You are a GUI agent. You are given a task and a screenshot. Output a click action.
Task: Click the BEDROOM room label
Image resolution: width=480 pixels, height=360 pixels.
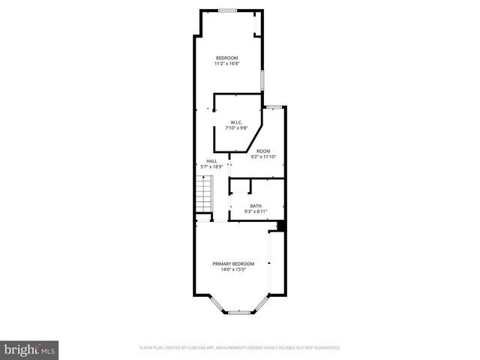(x=226, y=58)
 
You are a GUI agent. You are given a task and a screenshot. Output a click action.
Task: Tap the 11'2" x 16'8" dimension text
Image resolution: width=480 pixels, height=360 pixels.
(x=226, y=64)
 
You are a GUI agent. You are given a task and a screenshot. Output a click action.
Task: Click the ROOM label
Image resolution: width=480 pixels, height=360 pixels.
(x=262, y=151)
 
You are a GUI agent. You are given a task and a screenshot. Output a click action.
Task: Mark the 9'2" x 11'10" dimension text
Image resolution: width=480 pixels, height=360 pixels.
(x=262, y=157)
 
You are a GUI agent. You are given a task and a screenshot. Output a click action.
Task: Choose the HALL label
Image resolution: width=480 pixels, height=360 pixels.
(x=212, y=161)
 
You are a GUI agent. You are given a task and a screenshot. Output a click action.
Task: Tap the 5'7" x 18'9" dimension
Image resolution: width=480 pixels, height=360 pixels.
(x=212, y=166)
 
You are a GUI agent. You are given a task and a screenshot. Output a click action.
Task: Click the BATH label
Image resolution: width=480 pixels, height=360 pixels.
(x=256, y=206)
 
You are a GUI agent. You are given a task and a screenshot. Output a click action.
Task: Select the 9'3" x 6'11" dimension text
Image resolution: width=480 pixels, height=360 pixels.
(x=256, y=211)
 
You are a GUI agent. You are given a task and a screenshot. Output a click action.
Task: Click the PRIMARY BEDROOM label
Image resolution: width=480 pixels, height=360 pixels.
(x=233, y=263)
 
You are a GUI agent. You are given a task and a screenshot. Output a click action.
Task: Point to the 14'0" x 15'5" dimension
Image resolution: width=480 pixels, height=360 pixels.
(x=233, y=269)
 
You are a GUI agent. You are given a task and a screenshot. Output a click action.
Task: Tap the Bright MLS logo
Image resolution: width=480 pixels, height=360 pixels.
(x=29, y=349)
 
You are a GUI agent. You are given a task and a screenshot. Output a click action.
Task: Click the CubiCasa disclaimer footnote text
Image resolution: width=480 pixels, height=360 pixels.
(x=240, y=348)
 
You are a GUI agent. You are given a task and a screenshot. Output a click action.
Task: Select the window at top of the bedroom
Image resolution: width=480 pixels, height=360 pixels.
(x=228, y=10)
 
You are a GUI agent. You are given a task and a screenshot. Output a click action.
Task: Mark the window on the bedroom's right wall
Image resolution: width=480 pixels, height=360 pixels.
(x=262, y=79)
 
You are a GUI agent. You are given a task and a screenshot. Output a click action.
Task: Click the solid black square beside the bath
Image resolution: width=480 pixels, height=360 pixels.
(x=281, y=226)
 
